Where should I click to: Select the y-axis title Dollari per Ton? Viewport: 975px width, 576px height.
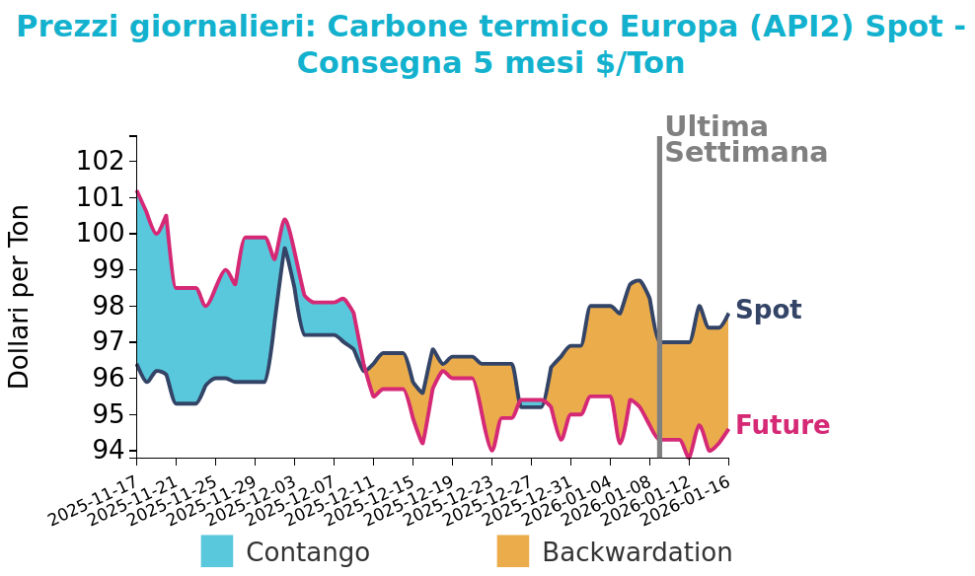point(20,296)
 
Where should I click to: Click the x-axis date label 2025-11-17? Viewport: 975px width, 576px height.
point(91,497)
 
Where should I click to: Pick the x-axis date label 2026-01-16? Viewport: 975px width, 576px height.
point(683,497)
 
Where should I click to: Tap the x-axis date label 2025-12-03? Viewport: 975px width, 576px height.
point(249,497)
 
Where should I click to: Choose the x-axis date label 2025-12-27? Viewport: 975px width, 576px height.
point(486,497)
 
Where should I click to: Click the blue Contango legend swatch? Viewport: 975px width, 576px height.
point(217,551)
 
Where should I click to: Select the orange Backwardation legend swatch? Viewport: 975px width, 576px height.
point(513,551)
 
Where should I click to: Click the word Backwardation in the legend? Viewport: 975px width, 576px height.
point(637,552)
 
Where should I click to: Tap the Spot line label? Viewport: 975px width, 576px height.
point(768,311)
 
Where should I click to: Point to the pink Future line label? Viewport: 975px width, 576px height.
point(782,426)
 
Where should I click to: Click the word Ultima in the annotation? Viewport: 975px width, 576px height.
point(715,127)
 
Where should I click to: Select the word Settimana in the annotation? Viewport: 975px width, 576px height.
point(745,153)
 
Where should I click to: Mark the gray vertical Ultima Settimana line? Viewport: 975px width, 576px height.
point(659,296)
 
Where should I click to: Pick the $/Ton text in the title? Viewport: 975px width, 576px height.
point(639,63)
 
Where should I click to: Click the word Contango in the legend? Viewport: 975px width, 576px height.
point(307,552)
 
